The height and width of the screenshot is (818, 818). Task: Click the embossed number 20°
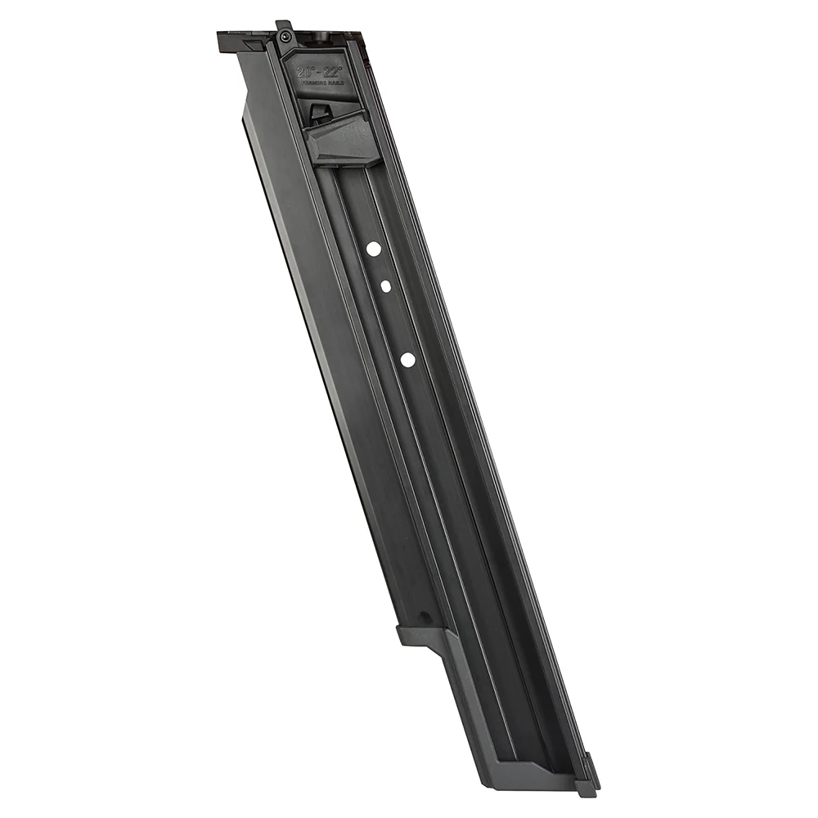tap(306, 72)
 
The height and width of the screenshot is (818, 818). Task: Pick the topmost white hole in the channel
tap(373, 249)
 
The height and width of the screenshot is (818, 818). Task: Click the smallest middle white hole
tap(384, 286)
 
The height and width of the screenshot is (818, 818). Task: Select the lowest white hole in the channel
tap(407, 358)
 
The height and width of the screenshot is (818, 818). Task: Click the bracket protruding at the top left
tap(237, 42)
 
